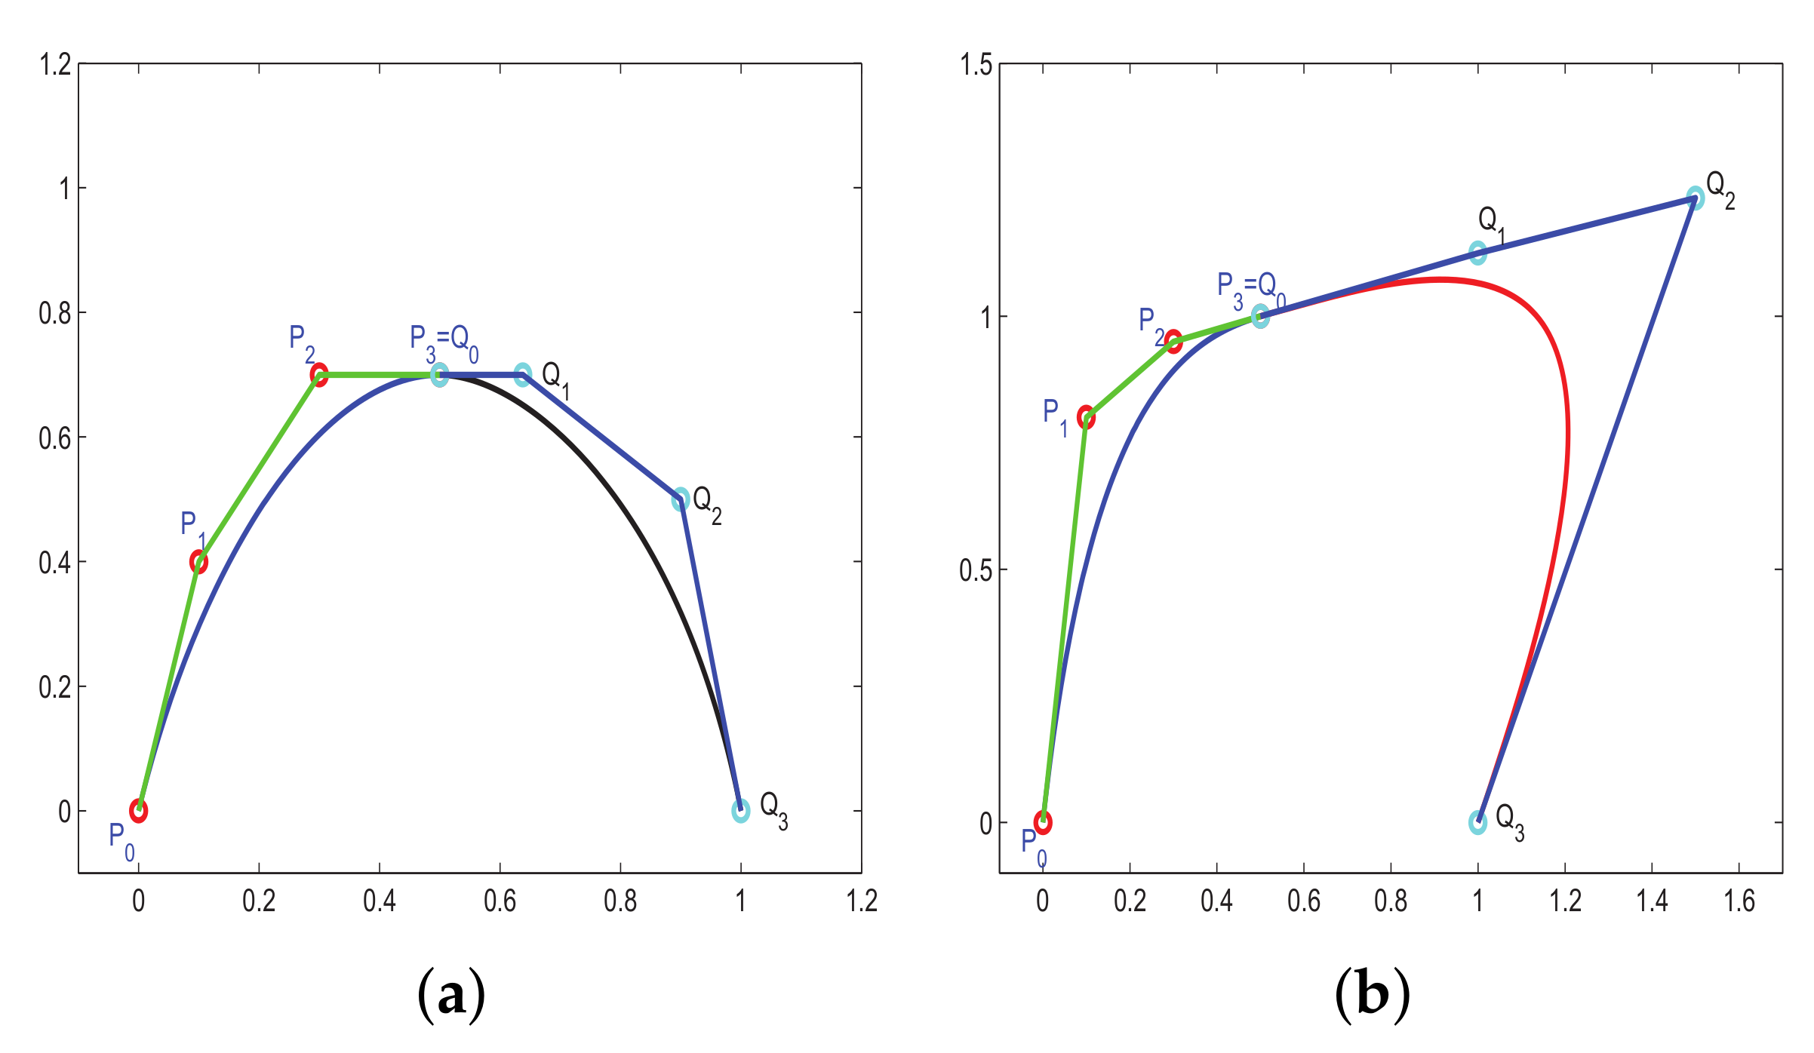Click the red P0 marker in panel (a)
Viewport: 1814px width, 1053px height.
[x=138, y=811]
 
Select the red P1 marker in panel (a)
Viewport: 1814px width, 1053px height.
[x=198, y=562]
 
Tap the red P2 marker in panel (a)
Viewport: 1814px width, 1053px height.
[x=319, y=375]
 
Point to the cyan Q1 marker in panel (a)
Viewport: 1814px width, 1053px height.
[x=523, y=375]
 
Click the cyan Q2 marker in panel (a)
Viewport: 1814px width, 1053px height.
[x=681, y=499]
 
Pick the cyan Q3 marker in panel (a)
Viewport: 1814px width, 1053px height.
[x=741, y=811]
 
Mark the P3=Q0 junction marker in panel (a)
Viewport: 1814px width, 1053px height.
[x=439, y=375]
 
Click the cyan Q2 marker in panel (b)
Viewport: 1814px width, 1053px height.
[x=1696, y=198]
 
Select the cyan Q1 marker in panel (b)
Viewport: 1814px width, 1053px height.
[x=1478, y=253]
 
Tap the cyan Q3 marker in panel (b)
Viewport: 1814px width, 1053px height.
[x=1478, y=822]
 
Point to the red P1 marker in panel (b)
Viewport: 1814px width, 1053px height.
[x=1086, y=417]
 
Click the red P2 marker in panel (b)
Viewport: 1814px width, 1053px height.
[x=1173, y=342]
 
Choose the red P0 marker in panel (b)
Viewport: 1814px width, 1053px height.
[x=1043, y=822]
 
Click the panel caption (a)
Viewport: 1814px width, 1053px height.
[x=451, y=996]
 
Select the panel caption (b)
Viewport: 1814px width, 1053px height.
[x=1372, y=996]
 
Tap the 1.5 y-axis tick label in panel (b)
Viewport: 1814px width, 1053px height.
[x=976, y=66]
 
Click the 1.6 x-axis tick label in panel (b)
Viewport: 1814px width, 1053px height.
[x=1739, y=901]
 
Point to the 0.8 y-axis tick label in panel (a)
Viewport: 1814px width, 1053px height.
[x=55, y=313]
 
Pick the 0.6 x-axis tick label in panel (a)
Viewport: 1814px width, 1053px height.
[x=500, y=901]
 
